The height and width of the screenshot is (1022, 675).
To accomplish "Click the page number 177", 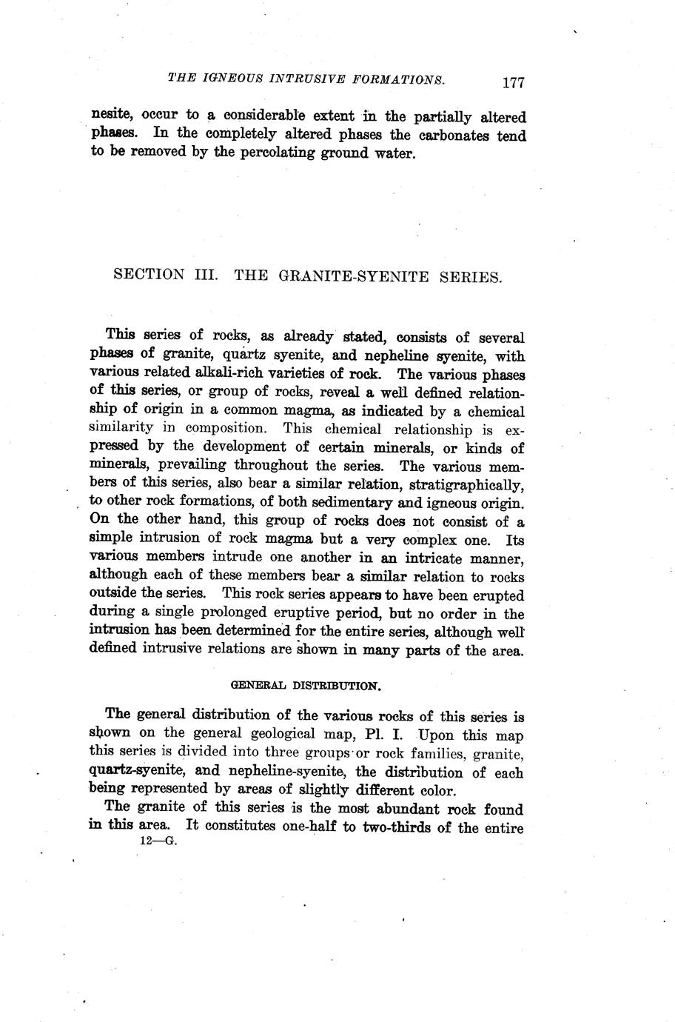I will coord(512,82).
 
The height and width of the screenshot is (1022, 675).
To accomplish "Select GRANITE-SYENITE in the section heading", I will coord(355,276).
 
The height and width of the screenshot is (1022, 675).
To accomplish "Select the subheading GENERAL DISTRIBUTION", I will coord(306,686).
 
